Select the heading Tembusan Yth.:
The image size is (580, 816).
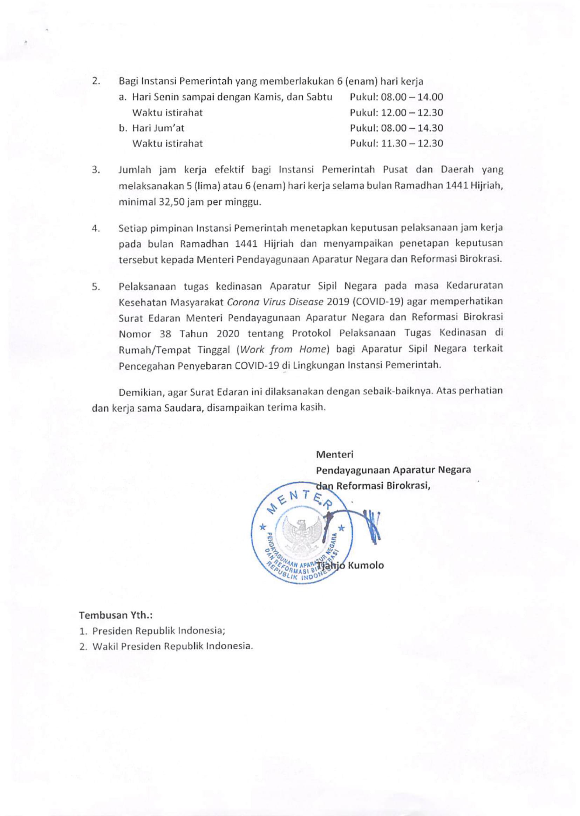(116, 615)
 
